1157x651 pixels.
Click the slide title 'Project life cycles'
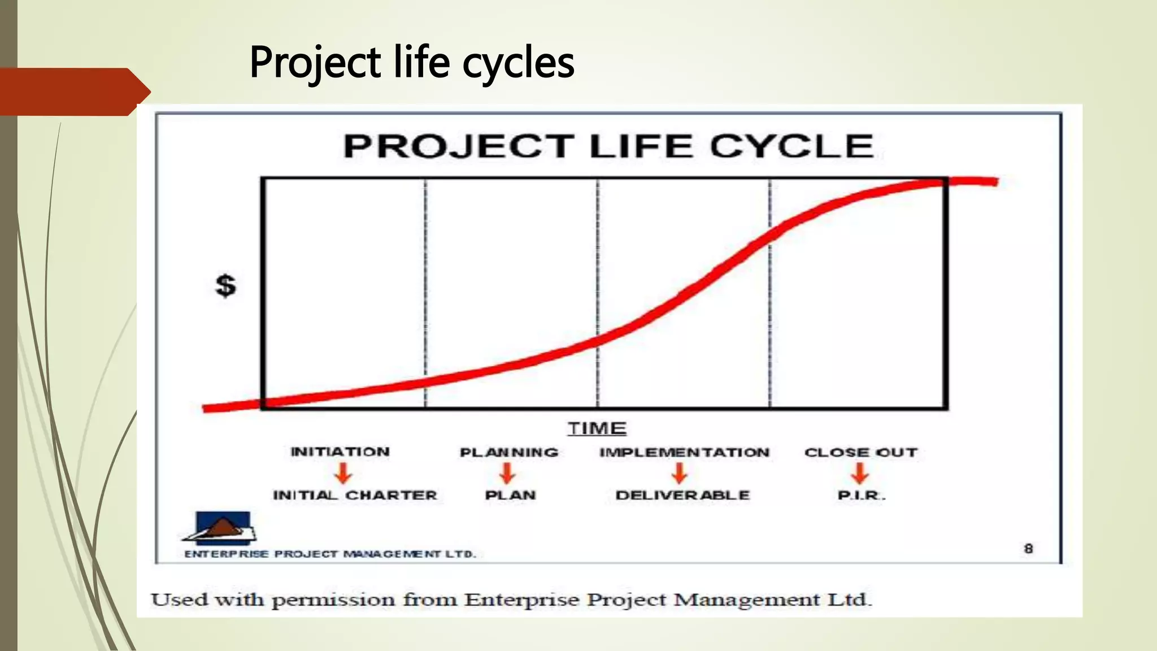[411, 62]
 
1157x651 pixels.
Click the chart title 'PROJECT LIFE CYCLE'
[608, 146]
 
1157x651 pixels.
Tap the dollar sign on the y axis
[226, 285]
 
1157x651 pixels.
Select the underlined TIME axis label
[597, 428]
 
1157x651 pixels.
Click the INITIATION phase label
[340, 452]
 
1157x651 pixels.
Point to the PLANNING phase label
[509, 452]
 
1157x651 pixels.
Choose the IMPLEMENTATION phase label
[684, 452]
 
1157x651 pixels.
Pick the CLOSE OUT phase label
[861, 452]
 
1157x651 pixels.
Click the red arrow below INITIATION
[343, 473]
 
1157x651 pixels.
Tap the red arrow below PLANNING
[507, 473]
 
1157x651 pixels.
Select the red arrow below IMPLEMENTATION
[680, 473]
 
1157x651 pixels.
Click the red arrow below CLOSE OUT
[860, 473]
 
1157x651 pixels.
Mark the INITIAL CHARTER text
[355, 495]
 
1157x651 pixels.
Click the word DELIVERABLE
[682, 495]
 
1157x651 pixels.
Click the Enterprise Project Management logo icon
[221, 528]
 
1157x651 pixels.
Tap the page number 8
[1028, 548]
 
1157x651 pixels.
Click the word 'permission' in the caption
[333, 600]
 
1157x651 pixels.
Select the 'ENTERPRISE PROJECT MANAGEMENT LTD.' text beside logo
[330, 554]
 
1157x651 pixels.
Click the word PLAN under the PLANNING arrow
[510, 495]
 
